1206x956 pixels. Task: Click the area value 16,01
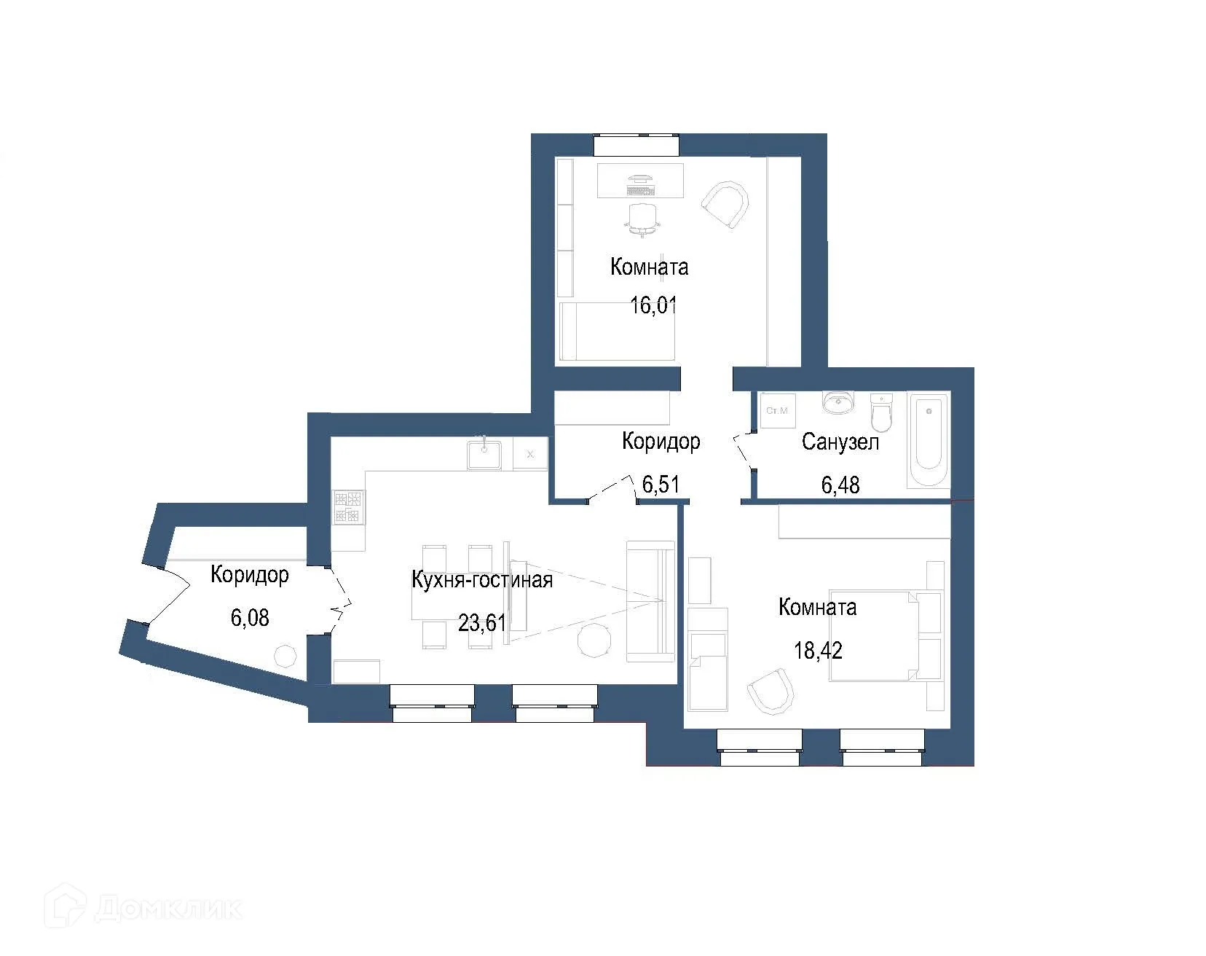(x=653, y=305)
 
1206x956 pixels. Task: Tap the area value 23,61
(x=481, y=622)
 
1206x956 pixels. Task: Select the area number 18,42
(x=818, y=650)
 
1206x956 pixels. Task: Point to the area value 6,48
(x=840, y=484)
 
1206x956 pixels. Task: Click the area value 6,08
(x=250, y=618)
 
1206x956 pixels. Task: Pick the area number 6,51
(x=661, y=484)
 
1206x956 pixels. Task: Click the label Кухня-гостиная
(x=482, y=580)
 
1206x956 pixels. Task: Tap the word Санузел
(x=840, y=442)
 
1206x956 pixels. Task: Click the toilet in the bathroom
(x=881, y=412)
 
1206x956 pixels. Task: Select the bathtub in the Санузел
(x=929, y=441)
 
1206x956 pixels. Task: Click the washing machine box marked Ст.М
(x=778, y=411)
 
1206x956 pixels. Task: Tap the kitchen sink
(x=484, y=453)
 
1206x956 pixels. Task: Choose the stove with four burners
(x=348, y=507)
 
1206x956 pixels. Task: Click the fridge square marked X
(x=530, y=454)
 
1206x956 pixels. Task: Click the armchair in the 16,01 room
(x=726, y=206)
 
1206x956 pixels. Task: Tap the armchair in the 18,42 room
(x=770, y=691)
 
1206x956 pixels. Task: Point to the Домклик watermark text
(x=168, y=908)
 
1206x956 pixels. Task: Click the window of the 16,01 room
(x=636, y=144)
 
